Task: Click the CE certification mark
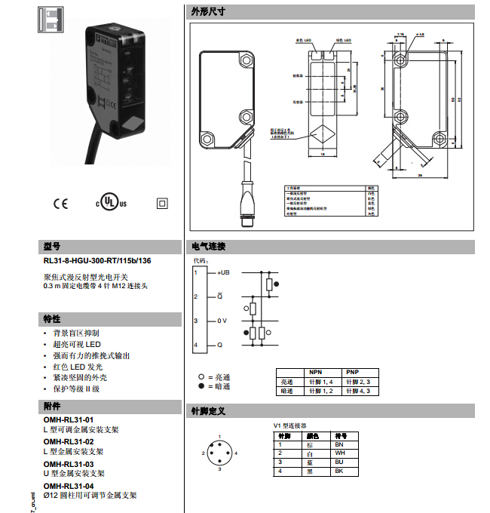[x=60, y=203]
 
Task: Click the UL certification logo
[x=111, y=203]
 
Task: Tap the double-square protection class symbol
[x=160, y=203]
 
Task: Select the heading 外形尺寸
[x=208, y=11]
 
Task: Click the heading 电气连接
[x=208, y=247]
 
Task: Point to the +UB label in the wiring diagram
[x=224, y=272]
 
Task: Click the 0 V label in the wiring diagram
[x=222, y=321]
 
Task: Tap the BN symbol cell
[x=340, y=445]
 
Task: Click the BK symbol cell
[x=340, y=471]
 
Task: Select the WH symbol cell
[x=340, y=453]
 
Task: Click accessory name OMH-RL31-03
[x=69, y=464]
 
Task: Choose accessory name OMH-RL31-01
[x=69, y=419]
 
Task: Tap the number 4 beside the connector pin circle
[x=237, y=452]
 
